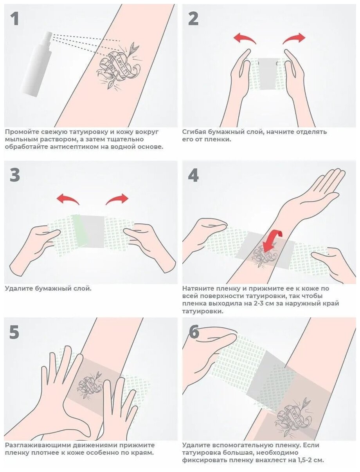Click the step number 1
click(15, 19)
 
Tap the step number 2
click(193, 19)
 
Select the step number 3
click(15, 175)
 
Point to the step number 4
click(193, 175)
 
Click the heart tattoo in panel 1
click(118, 67)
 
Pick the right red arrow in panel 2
click(294, 38)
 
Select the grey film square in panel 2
click(268, 74)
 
